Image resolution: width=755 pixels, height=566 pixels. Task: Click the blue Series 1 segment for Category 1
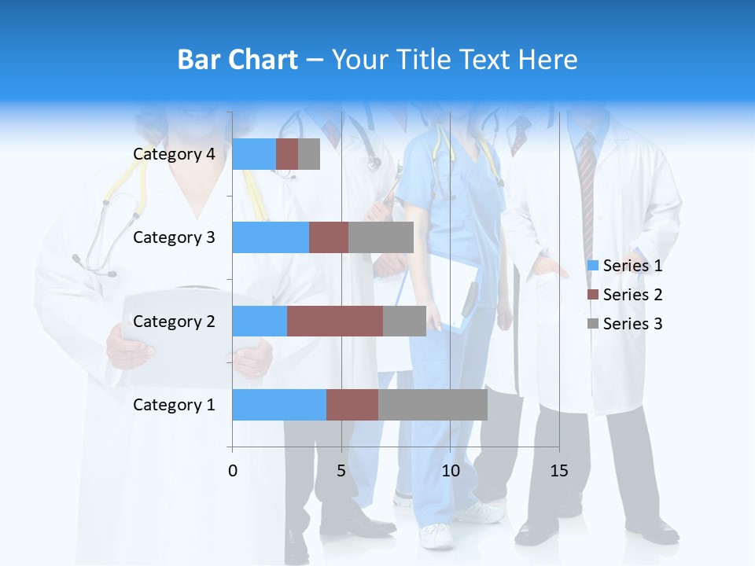pos(279,405)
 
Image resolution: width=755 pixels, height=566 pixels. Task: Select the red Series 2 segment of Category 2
pos(335,322)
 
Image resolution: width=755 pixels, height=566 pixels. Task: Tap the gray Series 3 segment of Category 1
pos(433,405)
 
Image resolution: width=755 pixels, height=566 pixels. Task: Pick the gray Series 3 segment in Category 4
pos(309,154)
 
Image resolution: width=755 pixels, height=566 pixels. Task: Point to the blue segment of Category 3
pos(271,237)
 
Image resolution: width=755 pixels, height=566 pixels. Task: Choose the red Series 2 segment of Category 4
pos(287,154)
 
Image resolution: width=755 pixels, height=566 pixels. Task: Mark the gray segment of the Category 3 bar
pos(381,237)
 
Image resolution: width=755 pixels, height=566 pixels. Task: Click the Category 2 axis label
pos(174,322)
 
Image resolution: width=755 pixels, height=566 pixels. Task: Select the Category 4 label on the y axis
pos(174,154)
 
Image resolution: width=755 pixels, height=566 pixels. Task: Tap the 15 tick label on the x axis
pos(558,471)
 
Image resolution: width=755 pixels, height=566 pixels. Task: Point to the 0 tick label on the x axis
pos(232,471)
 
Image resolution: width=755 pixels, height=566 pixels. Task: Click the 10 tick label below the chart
pos(450,471)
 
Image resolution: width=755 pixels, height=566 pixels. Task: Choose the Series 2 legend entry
pos(632,295)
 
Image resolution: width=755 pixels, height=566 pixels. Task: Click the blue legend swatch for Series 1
pos(593,266)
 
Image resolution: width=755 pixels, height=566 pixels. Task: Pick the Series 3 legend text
pos(632,324)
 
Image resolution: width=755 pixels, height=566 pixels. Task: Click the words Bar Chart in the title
pos(238,60)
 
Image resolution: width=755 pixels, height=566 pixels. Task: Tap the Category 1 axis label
pos(174,405)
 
